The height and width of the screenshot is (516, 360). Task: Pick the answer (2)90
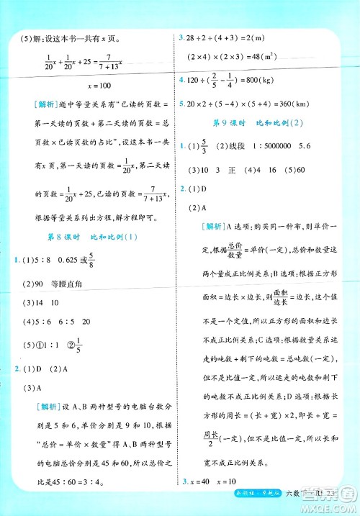[x=36, y=284]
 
